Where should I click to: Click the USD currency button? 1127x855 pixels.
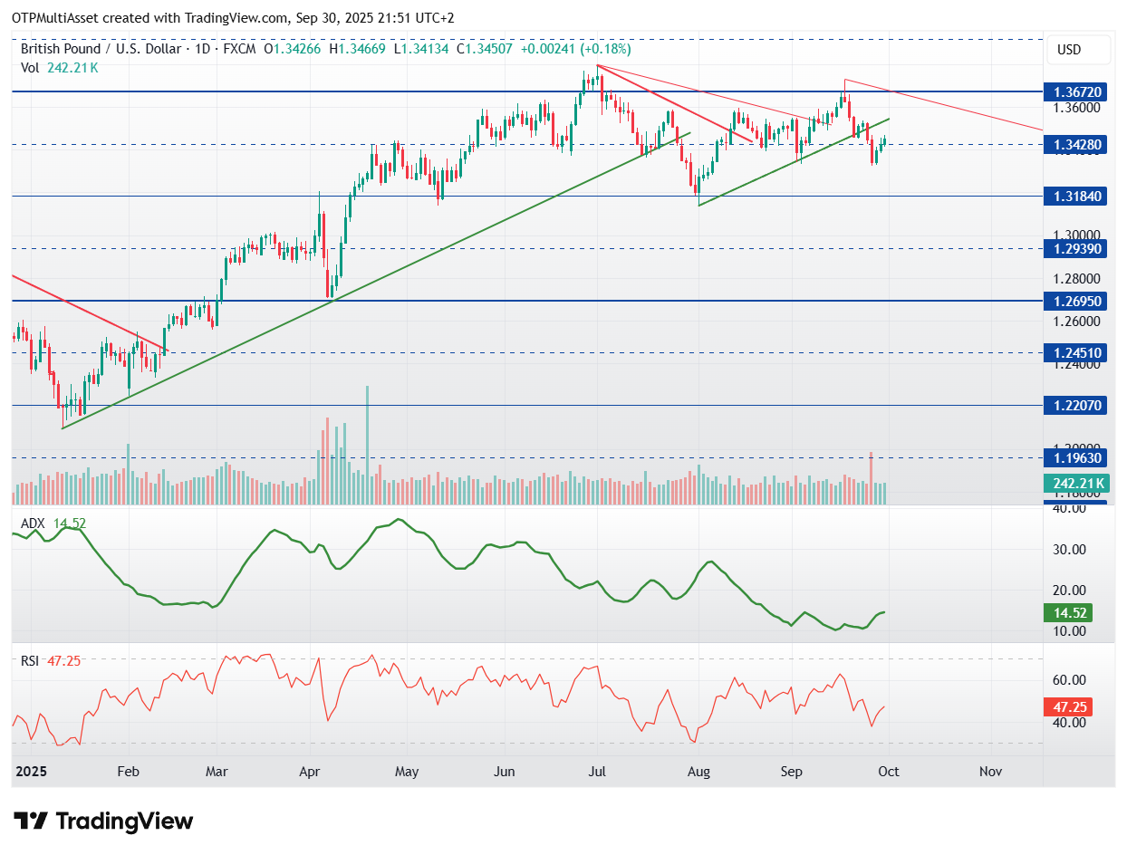(x=1069, y=50)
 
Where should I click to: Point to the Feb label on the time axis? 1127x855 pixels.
(x=128, y=771)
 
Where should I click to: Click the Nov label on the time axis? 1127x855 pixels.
(x=990, y=771)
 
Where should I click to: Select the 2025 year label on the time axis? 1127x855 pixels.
(x=32, y=771)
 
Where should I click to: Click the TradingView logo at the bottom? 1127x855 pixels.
(x=104, y=821)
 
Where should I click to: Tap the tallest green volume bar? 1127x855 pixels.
(x=367, y=444)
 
